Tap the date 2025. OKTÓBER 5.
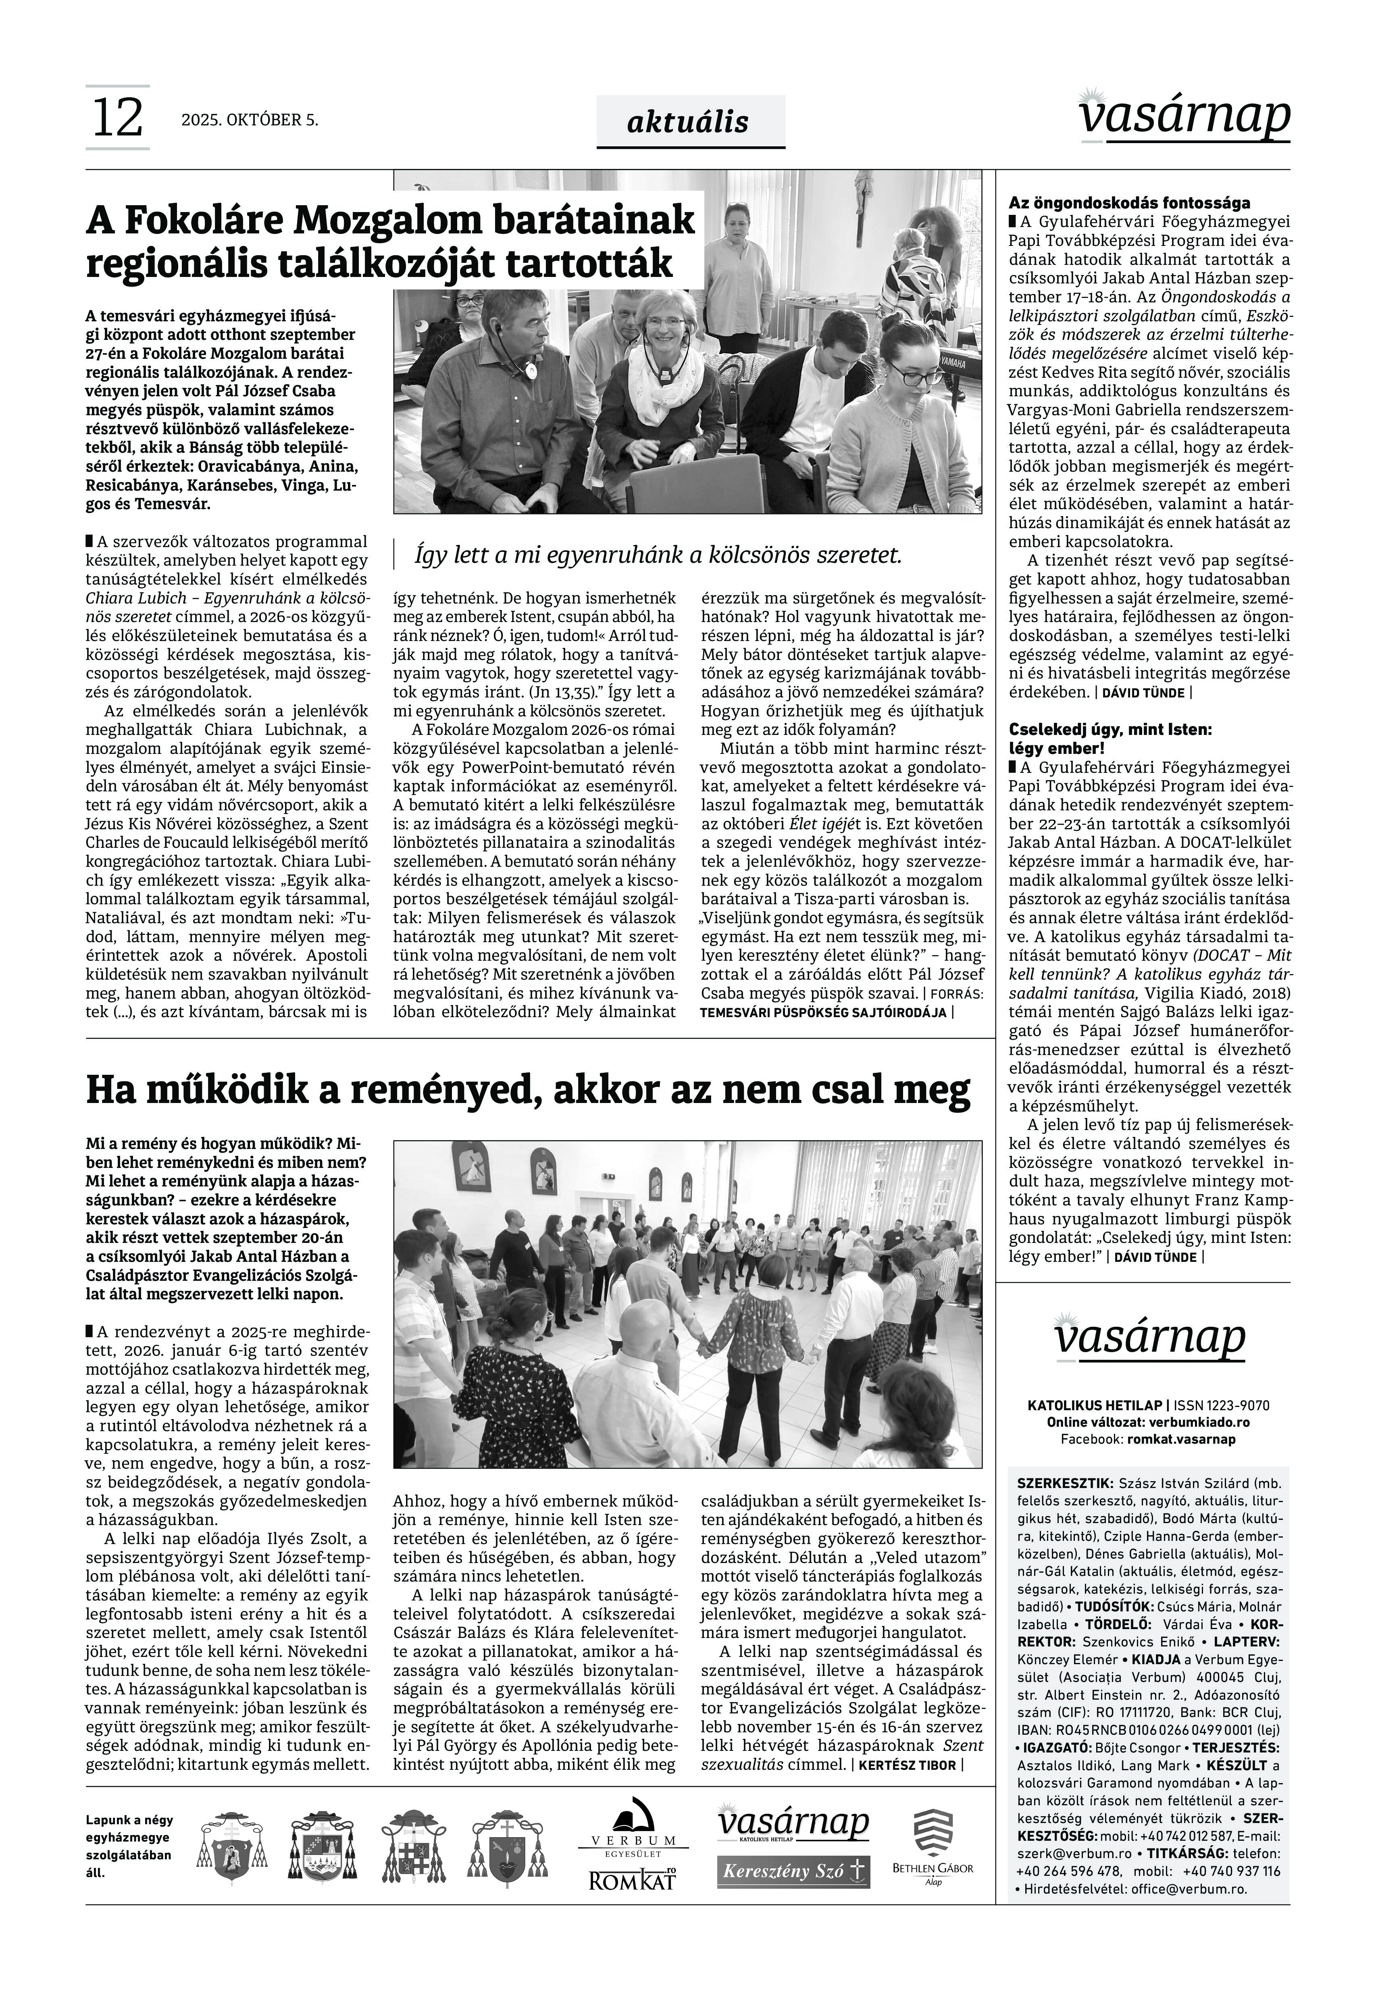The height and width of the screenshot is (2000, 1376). [x=249, y=121]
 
